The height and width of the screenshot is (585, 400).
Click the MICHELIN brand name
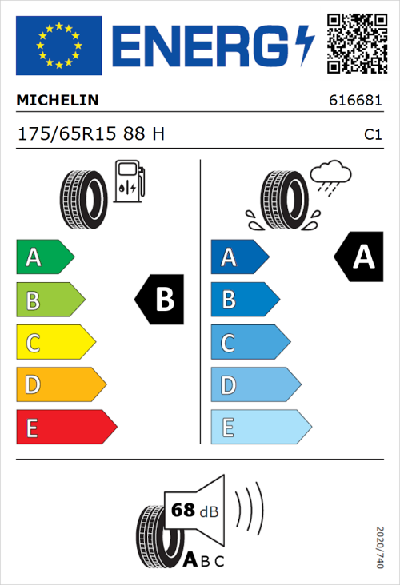pos(58,101)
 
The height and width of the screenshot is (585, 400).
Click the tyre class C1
pos(373,135)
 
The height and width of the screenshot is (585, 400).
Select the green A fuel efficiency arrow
pos(44,257)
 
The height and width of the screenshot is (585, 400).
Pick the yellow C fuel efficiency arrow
pos(54,344)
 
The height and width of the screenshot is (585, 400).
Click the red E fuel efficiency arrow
pos(66,428)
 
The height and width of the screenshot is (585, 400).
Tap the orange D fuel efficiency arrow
pos(60,385)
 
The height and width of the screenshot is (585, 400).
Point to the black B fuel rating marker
pos(160,300)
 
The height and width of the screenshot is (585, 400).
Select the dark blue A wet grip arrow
pos(238,257)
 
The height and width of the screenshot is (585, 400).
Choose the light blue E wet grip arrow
pos(260,428)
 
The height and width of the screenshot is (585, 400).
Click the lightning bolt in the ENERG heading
pos(305,45)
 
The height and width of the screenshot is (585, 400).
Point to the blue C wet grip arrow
pos(249,344)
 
